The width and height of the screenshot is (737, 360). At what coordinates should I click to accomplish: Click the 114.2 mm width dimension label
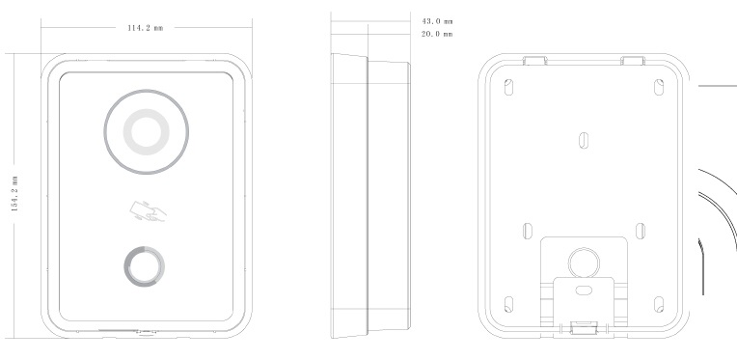coord(146,28)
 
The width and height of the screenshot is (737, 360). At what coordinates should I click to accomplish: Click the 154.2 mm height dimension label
coord(14,194)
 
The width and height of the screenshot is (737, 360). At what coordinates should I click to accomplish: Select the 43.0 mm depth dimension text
coord(437,21)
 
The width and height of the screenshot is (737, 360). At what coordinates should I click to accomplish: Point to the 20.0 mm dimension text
coord(437,34)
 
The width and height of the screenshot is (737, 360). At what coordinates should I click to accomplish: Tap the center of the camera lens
coord(147,132)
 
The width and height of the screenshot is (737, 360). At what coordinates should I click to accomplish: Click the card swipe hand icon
coord(148,211)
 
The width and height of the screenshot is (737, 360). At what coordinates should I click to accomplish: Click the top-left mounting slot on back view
coord(508,88)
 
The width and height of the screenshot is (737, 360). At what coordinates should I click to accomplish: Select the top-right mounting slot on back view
coord(659,88)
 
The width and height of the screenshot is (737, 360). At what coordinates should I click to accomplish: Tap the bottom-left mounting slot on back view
coord(508,305)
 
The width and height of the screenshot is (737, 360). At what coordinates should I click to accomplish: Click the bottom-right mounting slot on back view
coord(659,305)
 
